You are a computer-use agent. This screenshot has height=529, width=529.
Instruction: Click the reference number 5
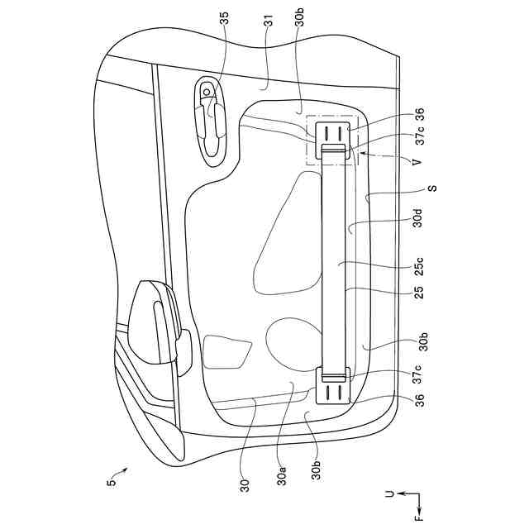111,481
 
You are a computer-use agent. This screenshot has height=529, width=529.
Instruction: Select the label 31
269,24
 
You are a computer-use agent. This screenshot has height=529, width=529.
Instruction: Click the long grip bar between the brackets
335,260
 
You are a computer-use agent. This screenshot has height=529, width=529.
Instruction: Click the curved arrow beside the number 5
121,472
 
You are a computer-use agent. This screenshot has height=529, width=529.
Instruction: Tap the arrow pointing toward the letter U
402,494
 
